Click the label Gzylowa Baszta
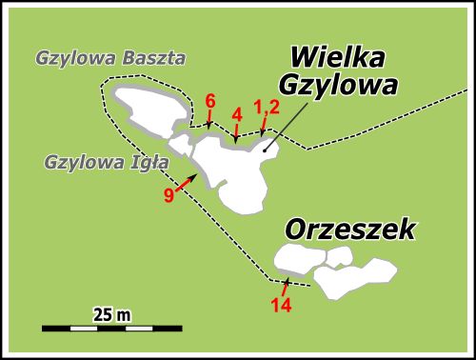coord(110,57)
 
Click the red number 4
coord(237,114)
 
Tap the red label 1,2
coord(266,106)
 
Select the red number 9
coord(169,195)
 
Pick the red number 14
coord(281,306)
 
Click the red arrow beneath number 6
coord(208,121)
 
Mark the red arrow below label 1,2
coord(263,127)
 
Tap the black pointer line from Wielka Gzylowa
coord(287,124)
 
